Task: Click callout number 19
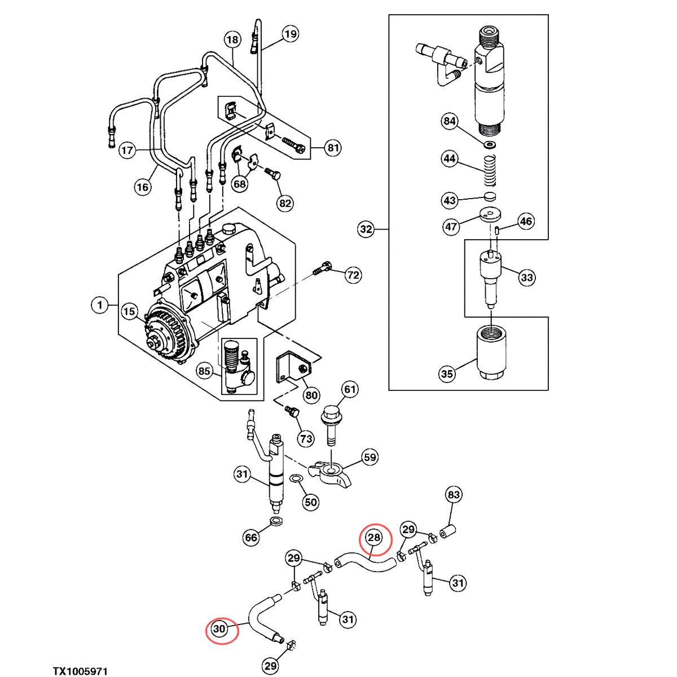[x=290, y=35]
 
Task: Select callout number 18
[x=232, y=39]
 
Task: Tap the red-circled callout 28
[x=375, y=538]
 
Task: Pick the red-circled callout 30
[x=219, y=628]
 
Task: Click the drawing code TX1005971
[x=80, y=671]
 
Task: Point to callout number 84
[x=450, y=122]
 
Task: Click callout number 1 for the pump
[x=100, y=306]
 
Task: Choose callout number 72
[x=353, y=275]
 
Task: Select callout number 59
[x=370, y=457]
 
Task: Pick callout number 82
[x=285, y=203]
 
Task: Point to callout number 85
[x=204, y=371]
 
